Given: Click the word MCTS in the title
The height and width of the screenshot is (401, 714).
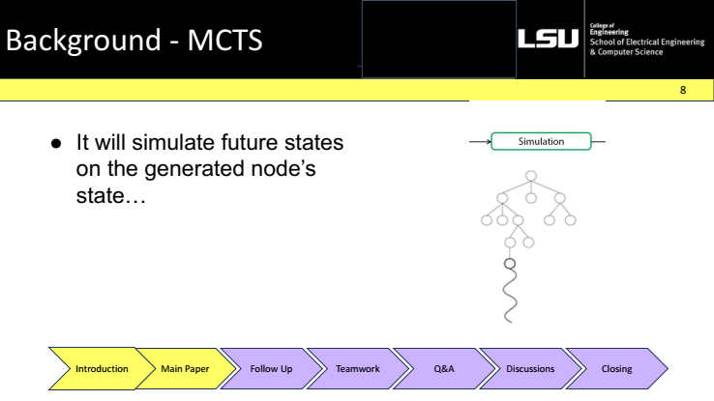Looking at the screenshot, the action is click(x=225, y=40).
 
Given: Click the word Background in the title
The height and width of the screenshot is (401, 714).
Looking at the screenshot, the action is click(x=83, y=40).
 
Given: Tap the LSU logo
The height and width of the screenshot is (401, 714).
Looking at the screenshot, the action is click(x=549, y=39).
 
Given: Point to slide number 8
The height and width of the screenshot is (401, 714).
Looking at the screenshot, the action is click(x=683, y=90).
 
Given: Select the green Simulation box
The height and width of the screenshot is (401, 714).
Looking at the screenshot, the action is click(x=541, y=141).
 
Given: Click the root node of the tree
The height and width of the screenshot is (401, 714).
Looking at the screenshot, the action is click(x=531, y=176).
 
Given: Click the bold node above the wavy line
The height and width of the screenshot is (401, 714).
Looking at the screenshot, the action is click(x=510, y=264).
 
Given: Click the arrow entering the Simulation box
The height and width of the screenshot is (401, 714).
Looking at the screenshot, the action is click(x=481, y=142).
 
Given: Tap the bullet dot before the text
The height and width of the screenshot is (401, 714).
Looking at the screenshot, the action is click(x=56, y=144).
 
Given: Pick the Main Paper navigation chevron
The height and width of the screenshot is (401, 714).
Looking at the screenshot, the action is click(x=185, y=369).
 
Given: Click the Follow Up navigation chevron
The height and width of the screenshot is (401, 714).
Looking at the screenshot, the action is click(x=272, y=369).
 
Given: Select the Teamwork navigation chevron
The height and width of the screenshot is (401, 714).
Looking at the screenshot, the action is click(x=357, y=369).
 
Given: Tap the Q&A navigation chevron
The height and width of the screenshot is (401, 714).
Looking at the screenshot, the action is click(x=444, y=369).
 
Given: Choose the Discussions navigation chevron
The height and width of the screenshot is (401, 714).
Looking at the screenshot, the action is click(x=530, y=369).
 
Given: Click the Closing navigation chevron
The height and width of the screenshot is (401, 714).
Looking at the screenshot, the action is click(x=616, y=369).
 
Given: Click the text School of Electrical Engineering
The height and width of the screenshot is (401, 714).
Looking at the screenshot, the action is click(x=647, y=42).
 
